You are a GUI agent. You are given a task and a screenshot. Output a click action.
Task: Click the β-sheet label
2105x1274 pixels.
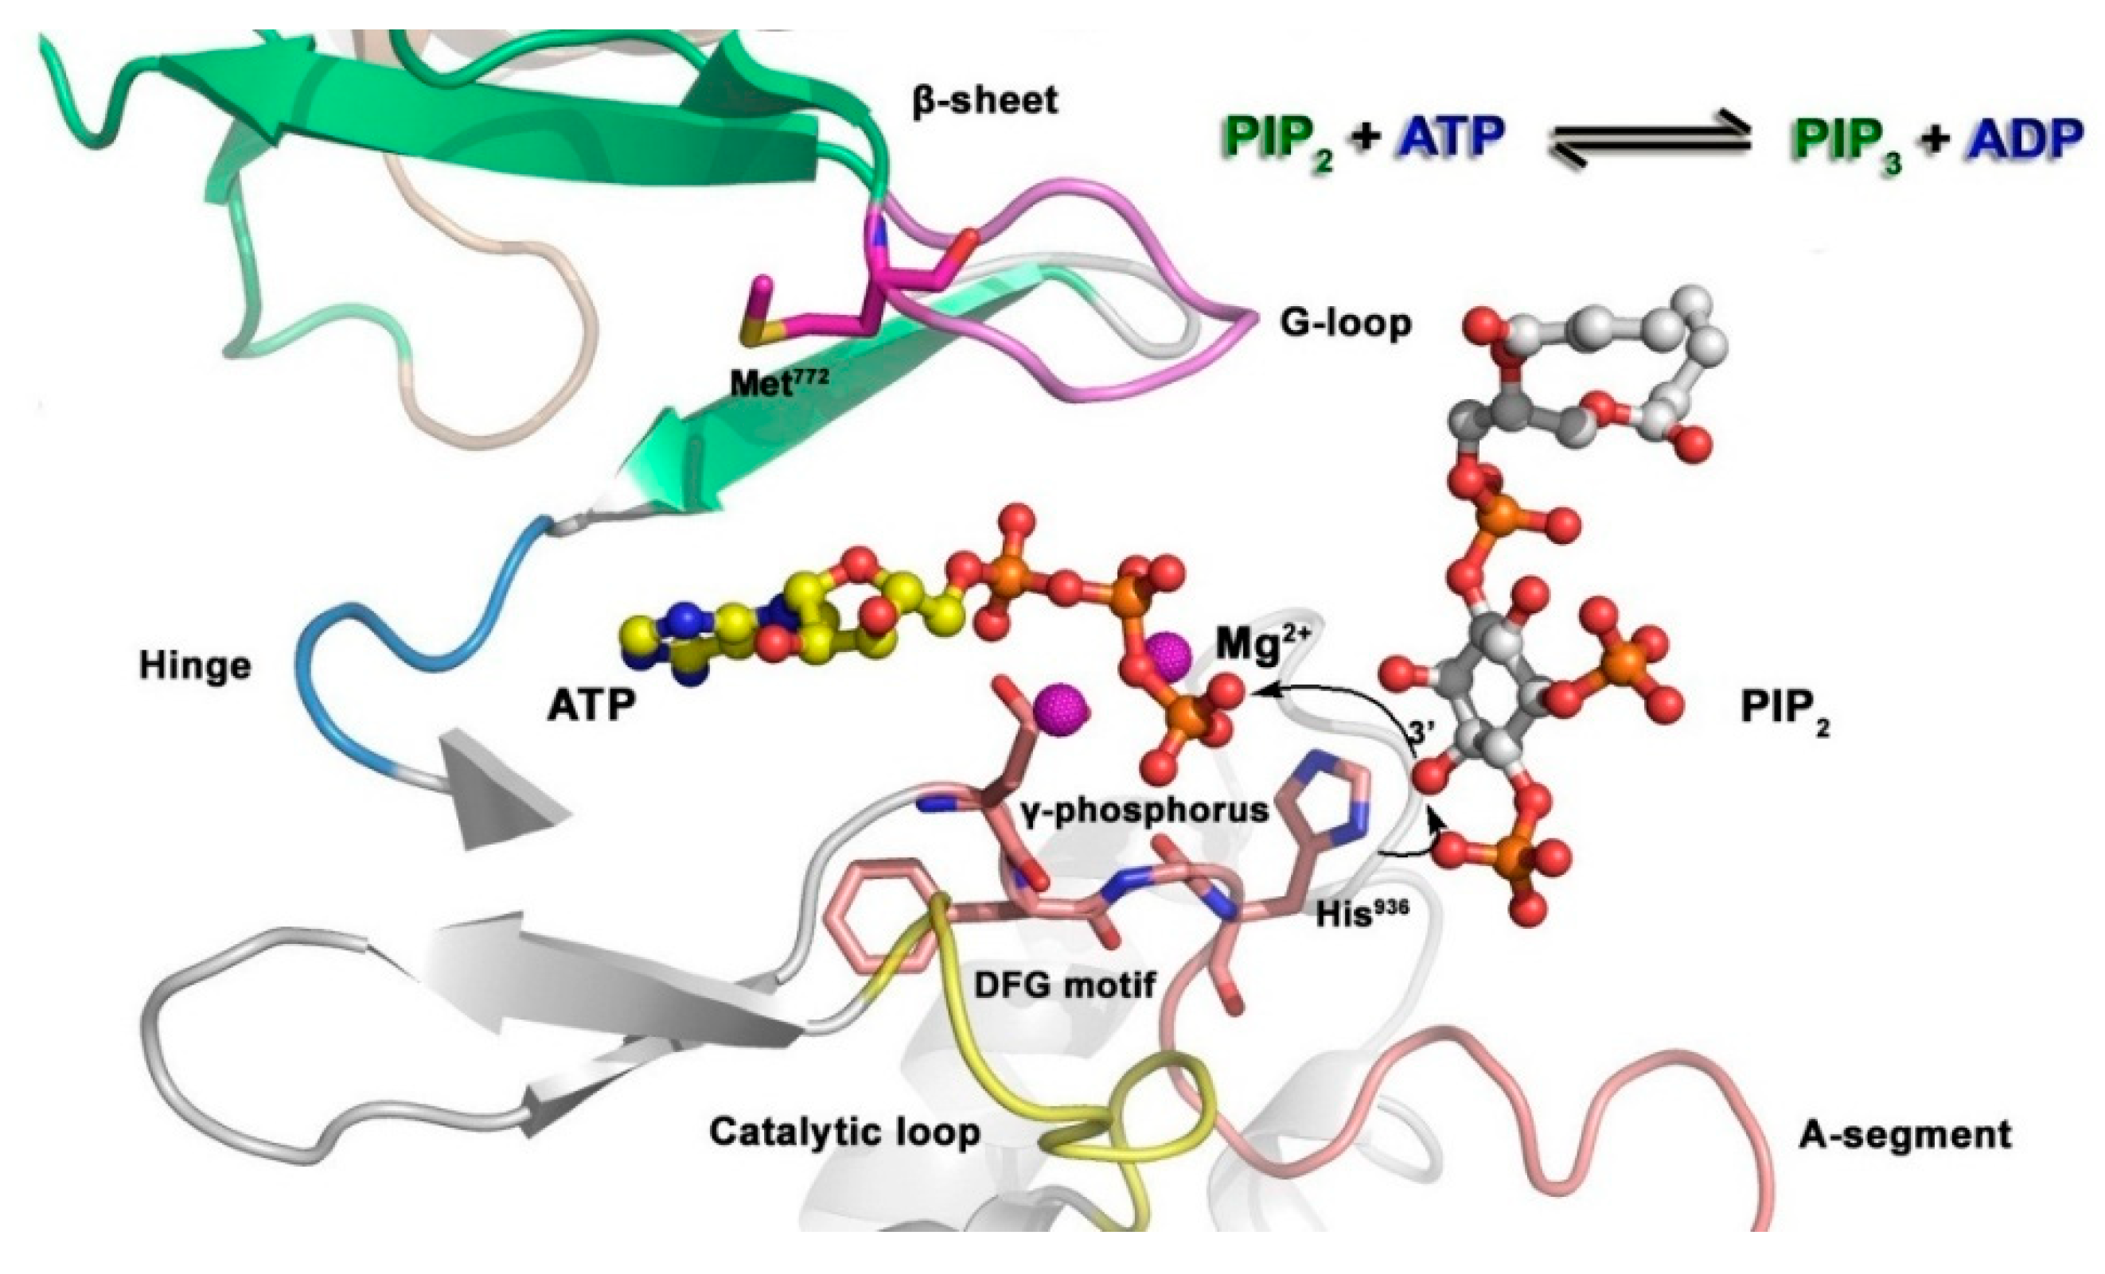984,101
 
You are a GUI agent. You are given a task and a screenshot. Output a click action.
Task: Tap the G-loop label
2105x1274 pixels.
1346,323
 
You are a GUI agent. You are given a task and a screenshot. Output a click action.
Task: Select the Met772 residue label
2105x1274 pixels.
778,383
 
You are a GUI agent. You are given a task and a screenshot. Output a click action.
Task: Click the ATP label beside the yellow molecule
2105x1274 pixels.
591,705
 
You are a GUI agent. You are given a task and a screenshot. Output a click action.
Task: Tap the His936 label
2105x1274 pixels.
1362,915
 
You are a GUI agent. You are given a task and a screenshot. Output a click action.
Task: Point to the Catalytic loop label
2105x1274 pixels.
845,1132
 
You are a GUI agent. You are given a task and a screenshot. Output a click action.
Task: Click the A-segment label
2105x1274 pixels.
1905,1135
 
